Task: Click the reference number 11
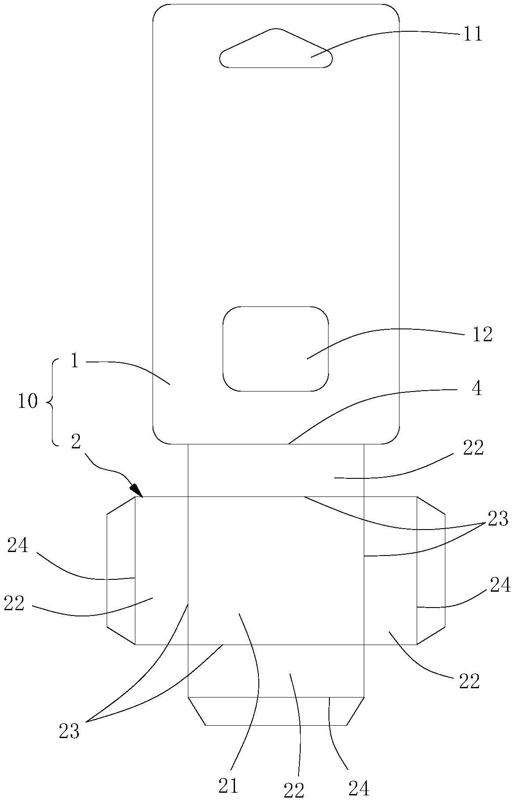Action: [472, 34]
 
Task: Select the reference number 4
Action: [476, 389]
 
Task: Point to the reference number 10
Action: [27, 402]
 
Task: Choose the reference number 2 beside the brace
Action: [75, 442]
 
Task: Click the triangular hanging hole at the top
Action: [276, 51]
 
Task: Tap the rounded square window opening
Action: [276, 348]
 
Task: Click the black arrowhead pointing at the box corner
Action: [137, 490]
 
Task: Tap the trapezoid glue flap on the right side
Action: [431, 570]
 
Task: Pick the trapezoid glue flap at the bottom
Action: [276, 711]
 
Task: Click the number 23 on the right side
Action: [498, 519]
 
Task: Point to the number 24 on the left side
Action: [18, 546]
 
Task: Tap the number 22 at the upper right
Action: [474, 448]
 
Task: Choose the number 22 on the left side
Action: [14, 604]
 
